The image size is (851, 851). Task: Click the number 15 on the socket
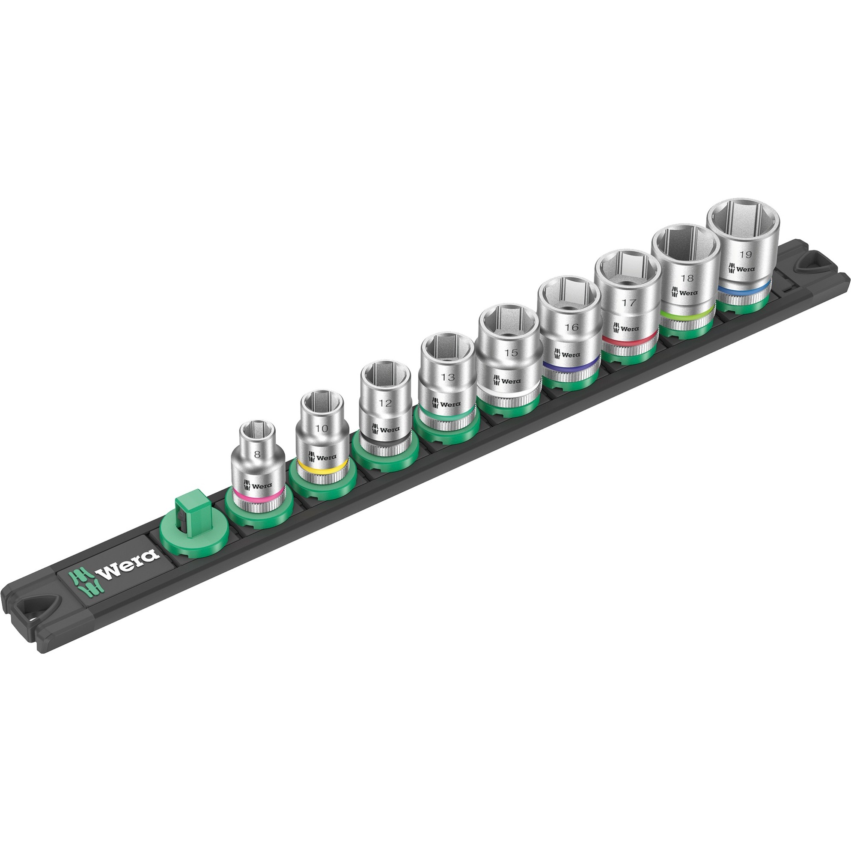coord(511,352)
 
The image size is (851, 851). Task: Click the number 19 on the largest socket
coord(745,254)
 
